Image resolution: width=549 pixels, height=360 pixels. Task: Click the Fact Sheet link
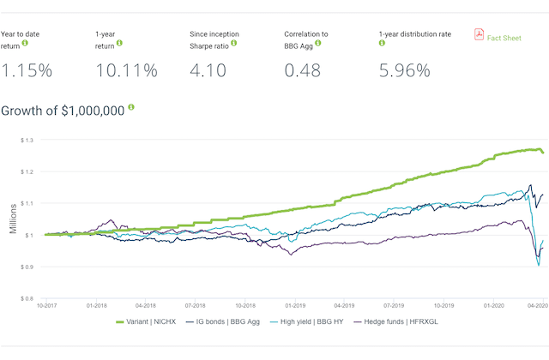click(x=505, y=36)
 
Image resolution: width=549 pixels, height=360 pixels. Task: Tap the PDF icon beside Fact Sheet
click(x=480, y=34)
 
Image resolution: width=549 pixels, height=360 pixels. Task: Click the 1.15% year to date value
click(x=27, y=71)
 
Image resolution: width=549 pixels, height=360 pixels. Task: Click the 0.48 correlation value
click(x=305, y=71)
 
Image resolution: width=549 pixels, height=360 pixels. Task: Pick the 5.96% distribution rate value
click(x=404, y=71)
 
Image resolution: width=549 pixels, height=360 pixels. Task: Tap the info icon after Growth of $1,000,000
click(x=131, y=109)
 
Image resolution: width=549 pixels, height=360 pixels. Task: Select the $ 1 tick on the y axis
click(x=33, y=235)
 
